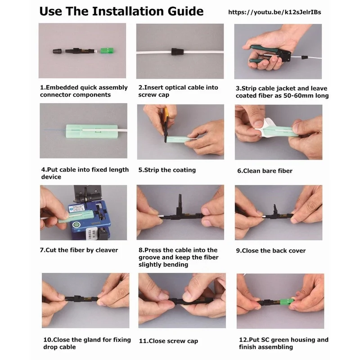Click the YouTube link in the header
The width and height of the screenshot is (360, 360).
point(274,12)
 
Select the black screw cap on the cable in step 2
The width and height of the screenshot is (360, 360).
point(177,52)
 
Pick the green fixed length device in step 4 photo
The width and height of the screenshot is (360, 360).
point(92,131)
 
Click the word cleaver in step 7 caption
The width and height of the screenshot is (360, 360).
point(107,250)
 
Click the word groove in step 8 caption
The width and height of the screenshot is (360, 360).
point(149,257)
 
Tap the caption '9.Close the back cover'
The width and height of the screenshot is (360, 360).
point(271,251)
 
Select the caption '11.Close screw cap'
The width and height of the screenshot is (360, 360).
point(168,341)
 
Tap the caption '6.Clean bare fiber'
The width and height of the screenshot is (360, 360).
point(265,171)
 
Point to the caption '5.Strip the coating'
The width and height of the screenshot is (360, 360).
point(167,170)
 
